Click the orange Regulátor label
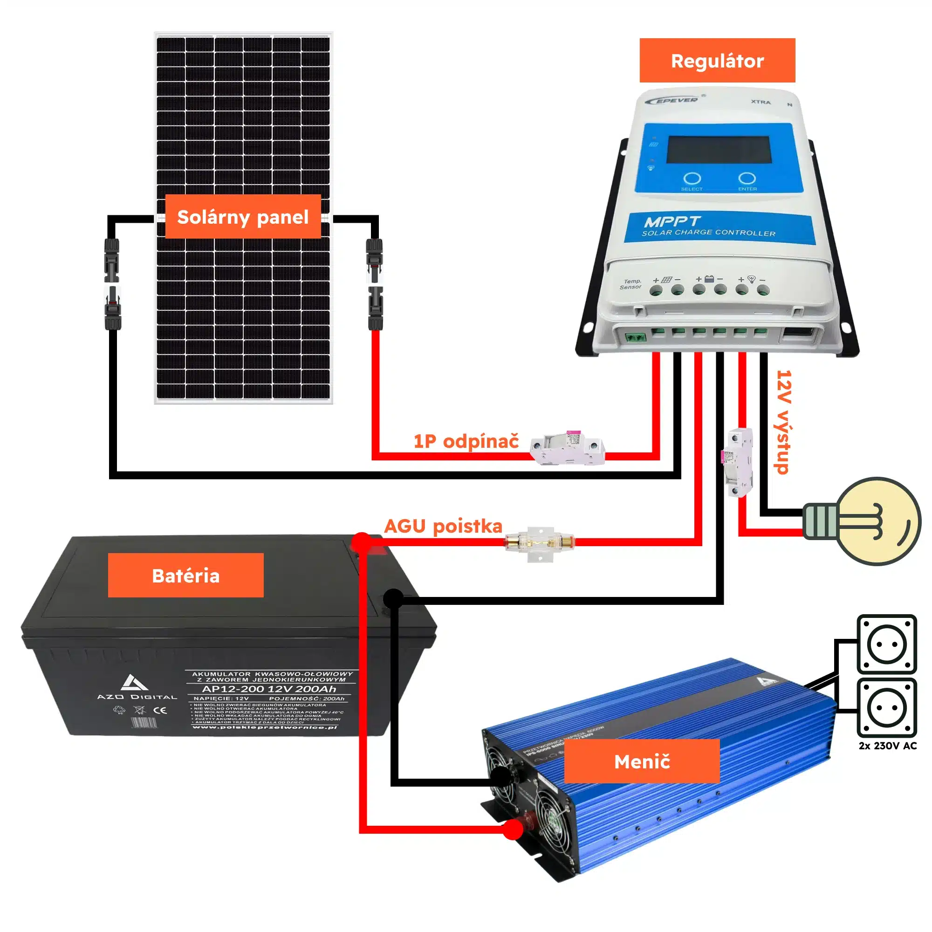click(717, 61)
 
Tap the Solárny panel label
click(243, 217)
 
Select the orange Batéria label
click(186, 575)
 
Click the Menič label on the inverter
click(642, 761)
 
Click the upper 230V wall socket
click(887, 644)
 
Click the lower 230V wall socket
click(887, 708)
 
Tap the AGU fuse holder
click(540, 543)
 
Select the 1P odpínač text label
click(466, 441)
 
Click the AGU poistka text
click(443, 526)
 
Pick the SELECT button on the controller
click(692, 179)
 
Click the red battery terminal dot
click(362, 542)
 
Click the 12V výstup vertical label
click(783, 422)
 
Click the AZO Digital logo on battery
click(137, 687)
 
